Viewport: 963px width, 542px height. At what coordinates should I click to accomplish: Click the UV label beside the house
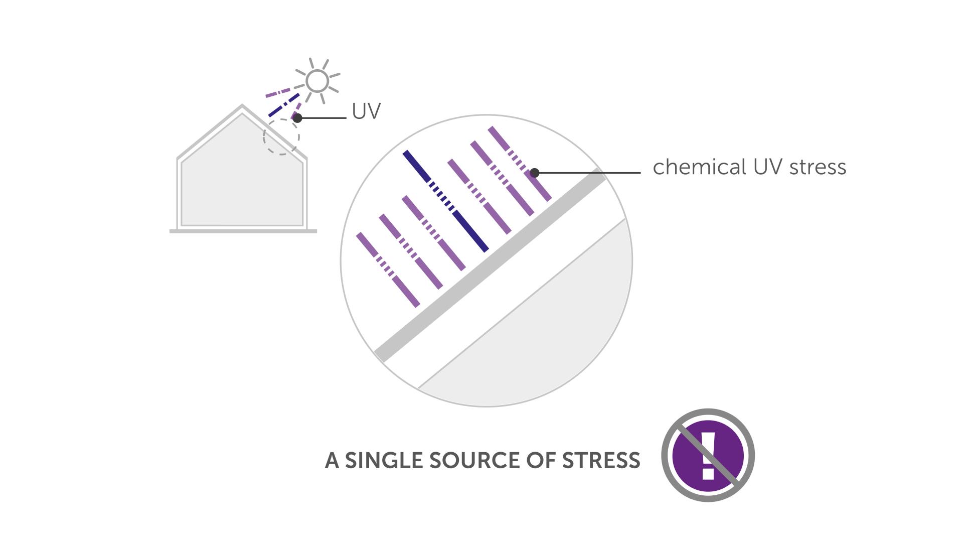(366, 111)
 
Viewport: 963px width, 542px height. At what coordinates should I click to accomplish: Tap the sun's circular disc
(317, 81)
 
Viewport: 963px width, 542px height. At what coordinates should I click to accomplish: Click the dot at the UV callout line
(297, 118)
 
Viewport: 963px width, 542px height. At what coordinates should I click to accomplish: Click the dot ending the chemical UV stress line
(535, 173)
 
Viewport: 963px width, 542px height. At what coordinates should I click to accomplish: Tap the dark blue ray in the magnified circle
(445, 201)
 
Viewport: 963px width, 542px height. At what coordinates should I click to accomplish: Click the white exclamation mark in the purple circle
(708, 455)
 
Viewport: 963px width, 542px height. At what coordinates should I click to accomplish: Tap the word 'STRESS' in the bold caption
(601, 460)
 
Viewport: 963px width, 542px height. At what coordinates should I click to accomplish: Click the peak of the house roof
(242, 105)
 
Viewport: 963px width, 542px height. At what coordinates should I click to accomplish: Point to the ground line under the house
(243, 231)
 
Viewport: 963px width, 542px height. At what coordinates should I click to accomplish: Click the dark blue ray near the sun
(284, 105)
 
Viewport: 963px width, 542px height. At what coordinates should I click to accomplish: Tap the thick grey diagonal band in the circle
(490, 265)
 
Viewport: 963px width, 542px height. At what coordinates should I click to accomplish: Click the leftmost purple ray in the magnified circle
(388, 269)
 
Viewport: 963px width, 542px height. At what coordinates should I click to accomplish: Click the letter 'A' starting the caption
(332, 460)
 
